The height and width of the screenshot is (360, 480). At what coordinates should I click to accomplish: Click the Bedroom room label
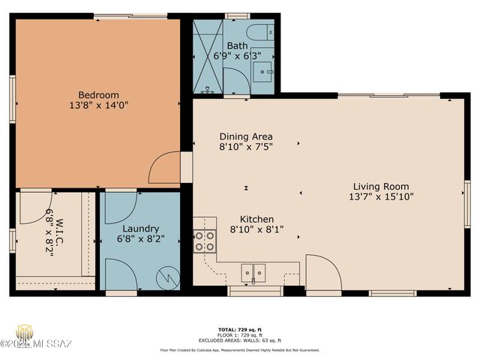pyautogui.click(x=99, y=94)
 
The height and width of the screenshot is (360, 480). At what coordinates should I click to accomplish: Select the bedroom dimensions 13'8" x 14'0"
pyautogui.click(x=99, y=106)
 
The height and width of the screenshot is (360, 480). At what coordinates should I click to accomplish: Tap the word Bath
pyautogui.click(x=237, y=45)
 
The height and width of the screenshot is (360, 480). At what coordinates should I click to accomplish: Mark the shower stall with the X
pyautogui.click(x=207, y=56)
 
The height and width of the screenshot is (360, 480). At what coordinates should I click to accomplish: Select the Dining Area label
pyautogui.click(x=245, y=136)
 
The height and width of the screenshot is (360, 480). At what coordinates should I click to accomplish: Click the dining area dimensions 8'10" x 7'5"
pyautogui.click(x=245, y=148)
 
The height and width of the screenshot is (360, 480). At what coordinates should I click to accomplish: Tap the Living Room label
pyautogui.click(x=381, y=186)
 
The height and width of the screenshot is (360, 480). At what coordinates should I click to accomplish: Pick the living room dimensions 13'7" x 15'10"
pyautogui.click(x=381, y=197)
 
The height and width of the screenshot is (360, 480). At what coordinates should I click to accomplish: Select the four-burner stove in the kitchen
pyautogui.click(x=205, y=241)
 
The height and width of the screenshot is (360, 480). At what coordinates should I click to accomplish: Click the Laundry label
pyautogui.click(x=140, y=228)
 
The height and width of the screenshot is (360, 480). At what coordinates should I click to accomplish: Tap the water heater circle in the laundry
pyautogui.click(x=167, y=277)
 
